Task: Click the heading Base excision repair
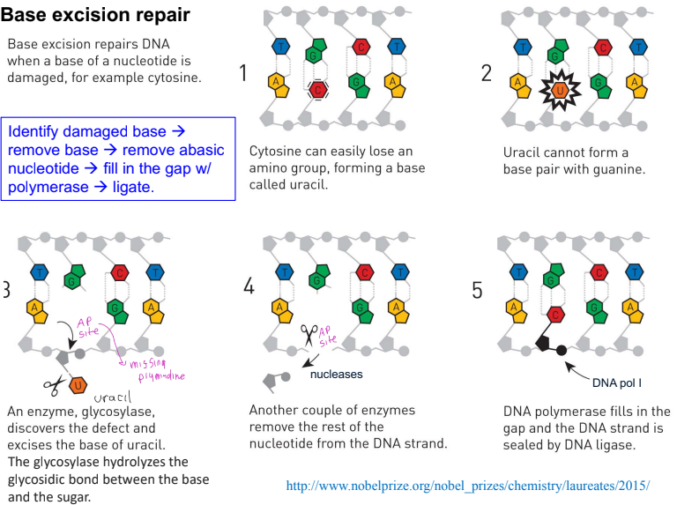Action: point(95,15)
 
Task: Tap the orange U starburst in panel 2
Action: point(560,91)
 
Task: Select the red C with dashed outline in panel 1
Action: point(318,90)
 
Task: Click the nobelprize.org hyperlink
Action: point(467,486)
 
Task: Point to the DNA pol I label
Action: point(616,382)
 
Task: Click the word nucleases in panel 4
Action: point(337,375)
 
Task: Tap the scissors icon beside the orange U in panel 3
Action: point(54,385)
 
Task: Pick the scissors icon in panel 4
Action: point(309,335)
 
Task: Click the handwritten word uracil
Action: point(112,397)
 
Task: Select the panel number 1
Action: point(243,72)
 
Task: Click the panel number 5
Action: point(477,291)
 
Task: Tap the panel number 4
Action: point(249,286)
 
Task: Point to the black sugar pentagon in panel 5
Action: point(543,343)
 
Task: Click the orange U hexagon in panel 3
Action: point(78,385)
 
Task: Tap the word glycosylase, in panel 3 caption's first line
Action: point(118,412)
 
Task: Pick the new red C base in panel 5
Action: point(555,315)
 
